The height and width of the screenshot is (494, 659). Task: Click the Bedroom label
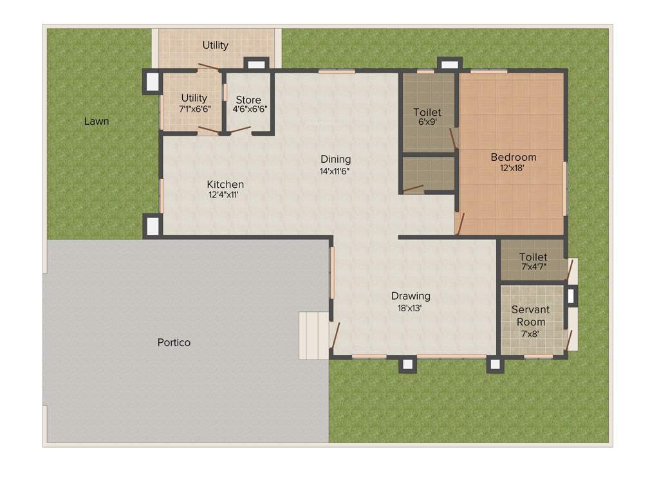[513, 157]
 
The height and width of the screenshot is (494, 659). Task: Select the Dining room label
[336, 160]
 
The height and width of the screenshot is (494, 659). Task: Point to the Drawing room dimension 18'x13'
[410, 308]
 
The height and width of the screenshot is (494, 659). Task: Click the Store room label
[248, 100]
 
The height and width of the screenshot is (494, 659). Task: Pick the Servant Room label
[530, 316]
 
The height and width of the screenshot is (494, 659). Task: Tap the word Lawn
[97, 121]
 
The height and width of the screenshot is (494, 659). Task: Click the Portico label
[174, 342]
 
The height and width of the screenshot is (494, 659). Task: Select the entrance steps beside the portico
[314, 335]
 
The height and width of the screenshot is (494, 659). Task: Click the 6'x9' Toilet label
[427, 113]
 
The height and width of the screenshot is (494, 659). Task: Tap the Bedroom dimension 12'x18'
[513, 169]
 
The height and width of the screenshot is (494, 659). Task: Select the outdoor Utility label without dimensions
[216, 45]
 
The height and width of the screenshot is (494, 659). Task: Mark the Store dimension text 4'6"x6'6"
[250, 109]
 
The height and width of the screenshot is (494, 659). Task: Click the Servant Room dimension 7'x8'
[530, 334]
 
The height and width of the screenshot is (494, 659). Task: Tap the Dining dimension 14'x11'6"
[335, 171]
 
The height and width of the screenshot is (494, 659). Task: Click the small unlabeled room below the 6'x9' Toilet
[428, 174]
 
